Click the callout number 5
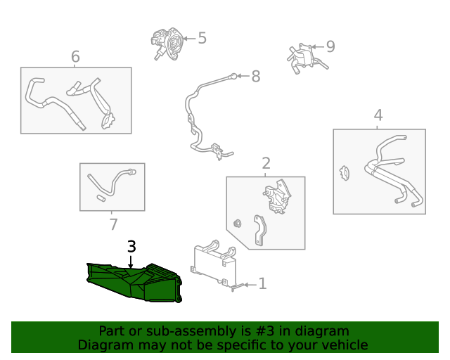[202, 38]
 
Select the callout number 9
[330, 46]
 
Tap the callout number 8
[255, 75]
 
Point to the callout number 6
[75, 56]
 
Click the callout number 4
[378, 115]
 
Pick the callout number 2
[266, 164]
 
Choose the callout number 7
[113, 224]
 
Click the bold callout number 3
[131, 246]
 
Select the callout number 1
[262, 284]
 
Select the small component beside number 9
[303, 56]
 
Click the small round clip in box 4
[345, 172]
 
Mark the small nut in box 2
[238, 224]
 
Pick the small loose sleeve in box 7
[101, 199]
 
